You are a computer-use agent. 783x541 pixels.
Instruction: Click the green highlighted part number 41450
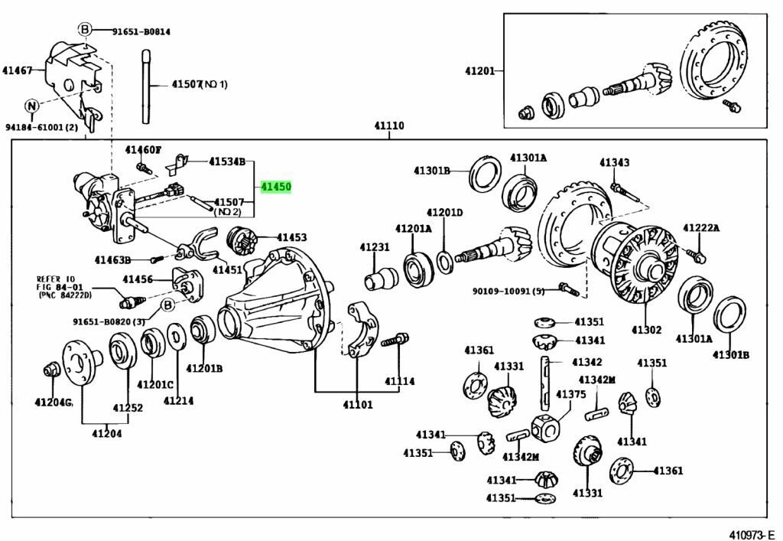275,187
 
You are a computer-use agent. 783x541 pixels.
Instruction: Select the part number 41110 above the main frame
388,126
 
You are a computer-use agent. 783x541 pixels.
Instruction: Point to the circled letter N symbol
31,106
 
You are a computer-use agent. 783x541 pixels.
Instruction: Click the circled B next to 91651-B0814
86,31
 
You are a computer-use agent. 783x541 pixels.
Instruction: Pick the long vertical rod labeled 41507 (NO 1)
145,84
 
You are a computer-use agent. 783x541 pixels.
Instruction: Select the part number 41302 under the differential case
646,331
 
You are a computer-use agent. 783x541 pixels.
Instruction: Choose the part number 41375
570,394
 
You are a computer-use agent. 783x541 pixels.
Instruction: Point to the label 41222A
701,228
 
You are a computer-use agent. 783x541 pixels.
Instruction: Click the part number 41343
614,162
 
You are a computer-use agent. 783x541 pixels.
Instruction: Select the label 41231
375,247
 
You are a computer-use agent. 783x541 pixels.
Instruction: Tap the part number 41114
399,380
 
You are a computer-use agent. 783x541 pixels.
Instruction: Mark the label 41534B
228,161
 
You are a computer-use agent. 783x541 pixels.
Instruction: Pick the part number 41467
17,70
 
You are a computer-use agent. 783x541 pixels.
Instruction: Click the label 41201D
445,212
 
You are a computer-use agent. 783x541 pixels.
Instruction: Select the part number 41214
178,399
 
